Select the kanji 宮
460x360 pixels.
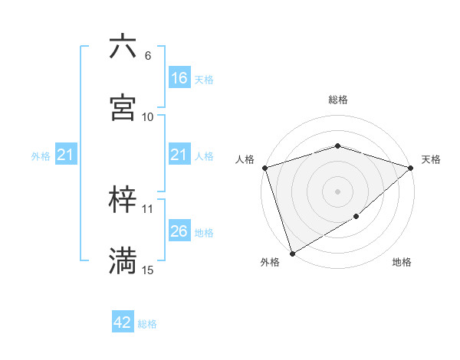point(123,108)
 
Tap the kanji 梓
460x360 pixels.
point(123,201)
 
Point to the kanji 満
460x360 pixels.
point(123,262)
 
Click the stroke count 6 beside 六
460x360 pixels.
point(147,56)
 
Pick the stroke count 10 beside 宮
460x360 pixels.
point(147,117)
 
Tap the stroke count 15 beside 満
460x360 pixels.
point(147,270)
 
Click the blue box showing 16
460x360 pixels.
point(179,77)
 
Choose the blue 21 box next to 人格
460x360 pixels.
point(179,155)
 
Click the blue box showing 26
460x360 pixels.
point(179,231)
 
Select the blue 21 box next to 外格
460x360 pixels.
point(66,155)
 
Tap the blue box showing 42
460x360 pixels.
point(123,322)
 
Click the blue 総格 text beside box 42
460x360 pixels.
point(147,324)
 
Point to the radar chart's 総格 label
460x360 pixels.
point(337,100)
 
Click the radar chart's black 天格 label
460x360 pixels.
point(431,159)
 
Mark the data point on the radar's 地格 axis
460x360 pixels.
point(356,217)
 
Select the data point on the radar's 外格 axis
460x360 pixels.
point(291,254)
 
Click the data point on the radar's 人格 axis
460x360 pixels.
point(264,168)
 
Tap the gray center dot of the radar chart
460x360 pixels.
point(337,191)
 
